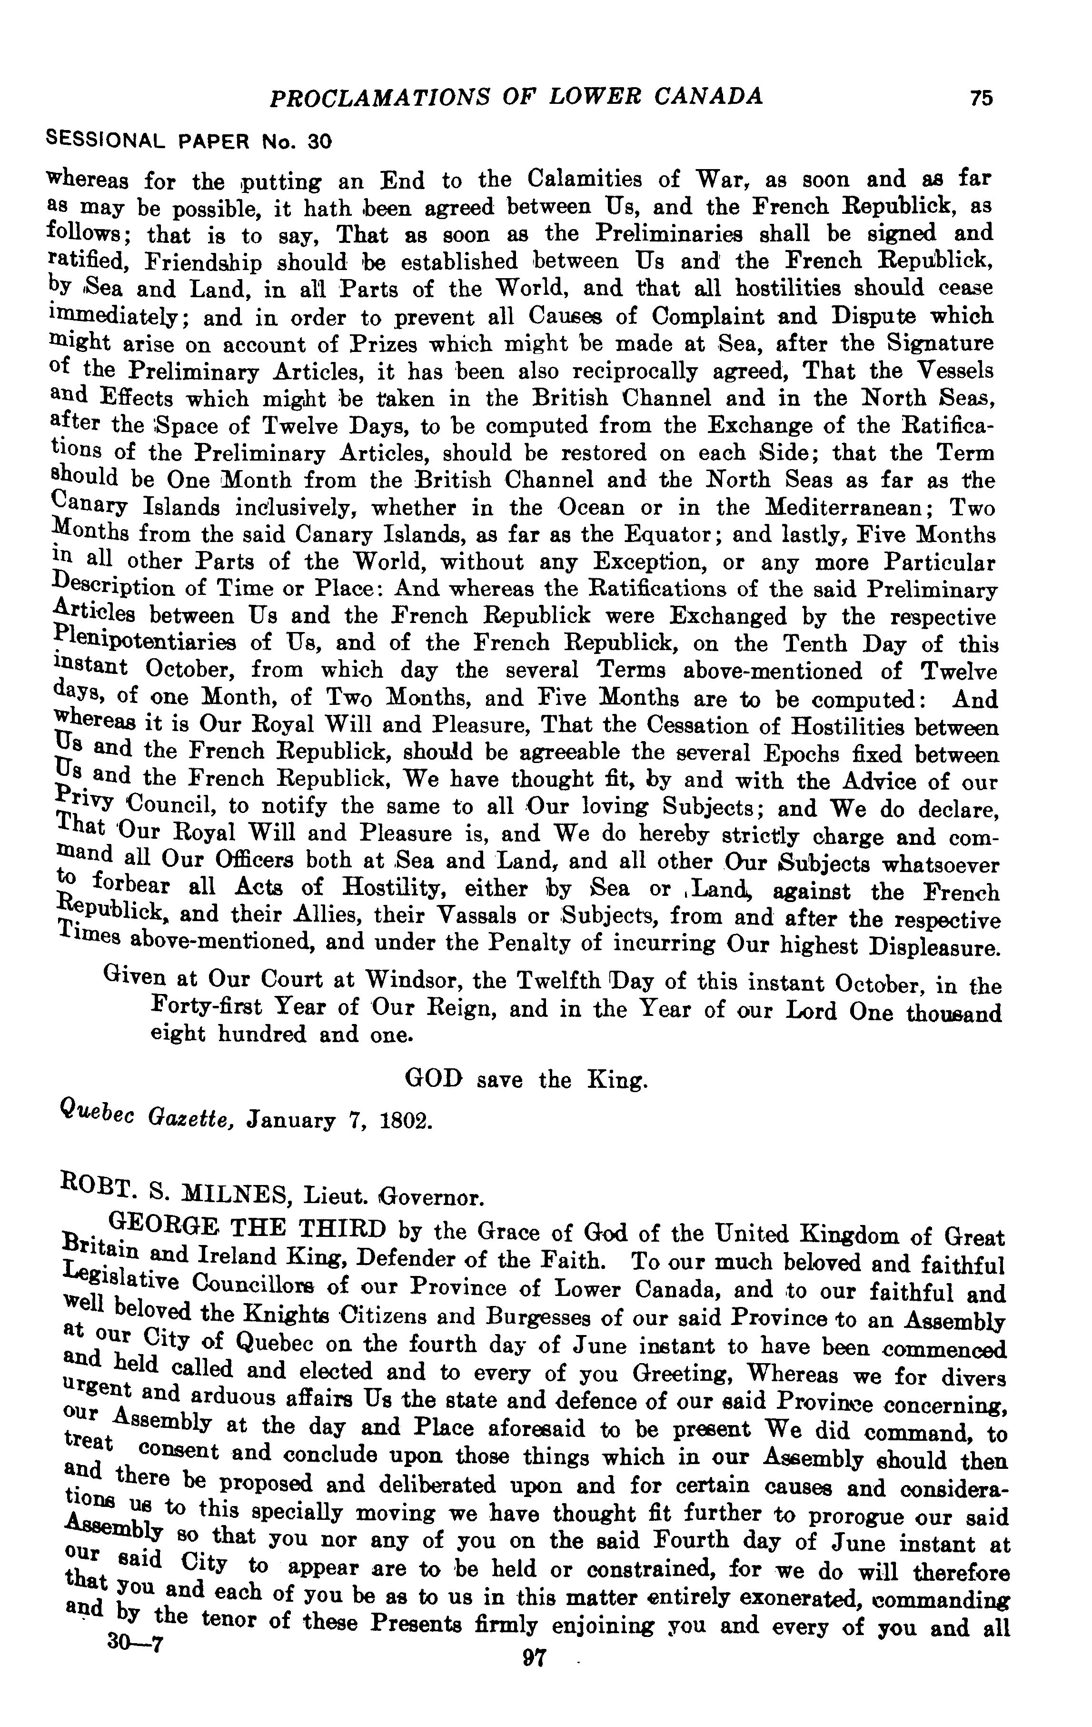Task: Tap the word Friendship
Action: coord(204,261)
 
